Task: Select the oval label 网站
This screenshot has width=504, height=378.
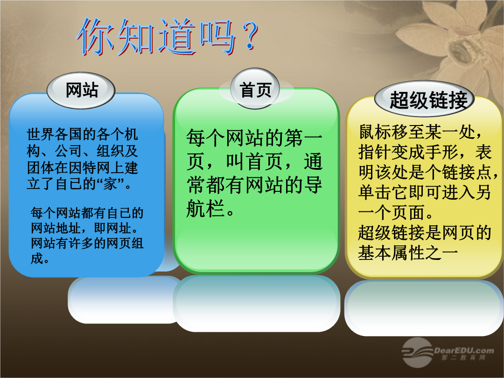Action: tap(81, 91)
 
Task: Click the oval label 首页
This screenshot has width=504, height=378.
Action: tap(255, 89)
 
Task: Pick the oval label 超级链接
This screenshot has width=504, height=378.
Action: tap(424, 99)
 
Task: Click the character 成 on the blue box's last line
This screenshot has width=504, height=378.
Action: tap(37, 259)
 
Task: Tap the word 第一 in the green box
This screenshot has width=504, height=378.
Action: tap(303, 138)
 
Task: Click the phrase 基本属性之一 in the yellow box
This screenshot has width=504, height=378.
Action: tap(408, 252)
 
